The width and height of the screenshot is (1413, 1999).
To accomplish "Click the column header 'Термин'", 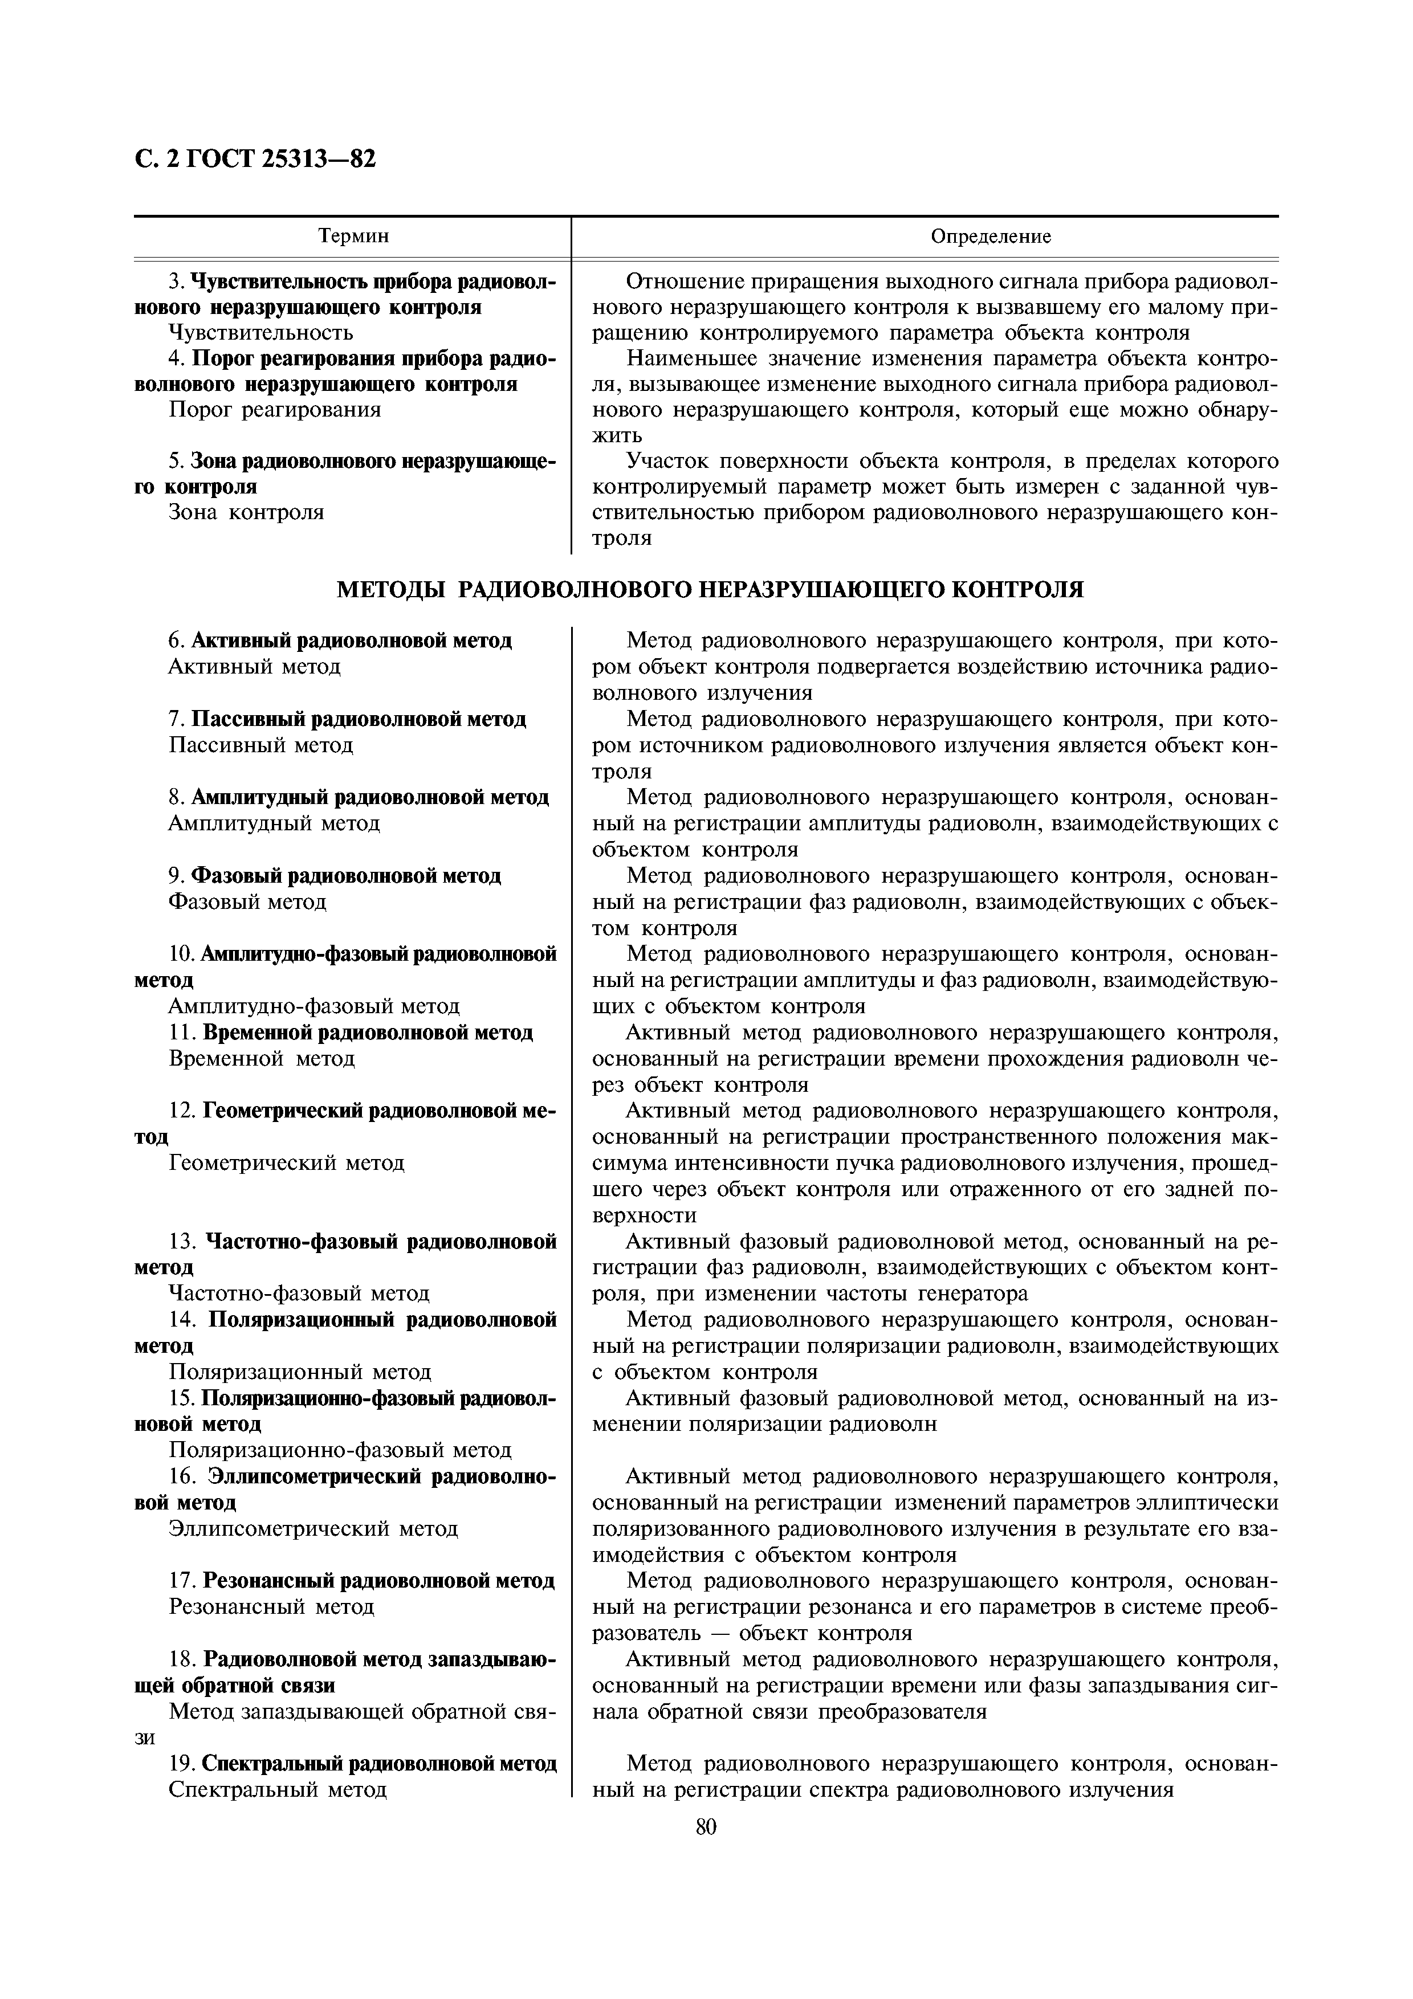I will (x=353, y=236).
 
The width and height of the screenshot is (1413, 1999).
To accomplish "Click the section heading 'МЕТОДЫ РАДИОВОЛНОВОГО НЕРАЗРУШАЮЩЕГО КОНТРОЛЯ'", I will (x=710, y=589).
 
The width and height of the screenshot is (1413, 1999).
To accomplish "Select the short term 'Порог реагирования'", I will (x=274, y=409).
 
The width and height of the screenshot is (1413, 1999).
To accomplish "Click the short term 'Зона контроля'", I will (x=246, y=512).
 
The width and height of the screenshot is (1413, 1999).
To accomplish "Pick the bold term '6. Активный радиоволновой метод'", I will (x=340, y=641).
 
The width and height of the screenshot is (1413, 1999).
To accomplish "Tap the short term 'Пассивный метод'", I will (x=261, y=745).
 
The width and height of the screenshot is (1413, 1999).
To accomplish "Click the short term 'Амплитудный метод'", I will (x=274, y=823).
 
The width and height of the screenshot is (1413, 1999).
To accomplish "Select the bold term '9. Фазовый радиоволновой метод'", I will (x=335, y=875).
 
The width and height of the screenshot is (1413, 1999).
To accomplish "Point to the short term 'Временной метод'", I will (x=261, y=1059).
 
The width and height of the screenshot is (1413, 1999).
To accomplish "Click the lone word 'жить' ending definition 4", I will (x=617, y=434).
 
